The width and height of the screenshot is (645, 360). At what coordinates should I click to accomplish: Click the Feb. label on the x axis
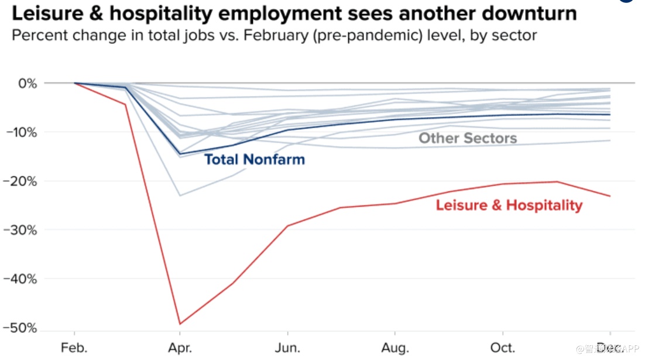coord(74,348)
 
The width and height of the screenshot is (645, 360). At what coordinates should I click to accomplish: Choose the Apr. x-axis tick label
coord(181,348)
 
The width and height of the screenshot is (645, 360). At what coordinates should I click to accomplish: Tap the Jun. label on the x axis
coord(287,348)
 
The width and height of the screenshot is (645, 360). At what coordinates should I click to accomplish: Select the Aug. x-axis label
coord(395,348)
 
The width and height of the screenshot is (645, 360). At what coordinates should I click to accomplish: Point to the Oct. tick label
coord(503,348)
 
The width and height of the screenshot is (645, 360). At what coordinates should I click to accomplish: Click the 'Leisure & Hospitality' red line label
coord(509,205)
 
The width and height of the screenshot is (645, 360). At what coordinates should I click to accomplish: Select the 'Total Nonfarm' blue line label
coord(254,159)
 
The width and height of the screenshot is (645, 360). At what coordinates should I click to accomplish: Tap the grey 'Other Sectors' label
coord(468,138)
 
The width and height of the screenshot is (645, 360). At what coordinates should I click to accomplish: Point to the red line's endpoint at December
coord(610,196)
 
